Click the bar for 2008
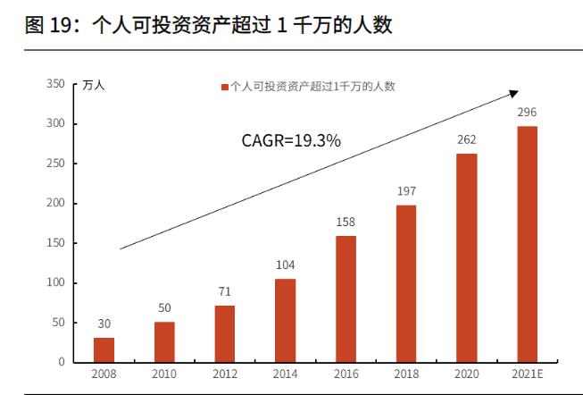click(x=104, y=349)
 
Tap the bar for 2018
click(x=406, y=283)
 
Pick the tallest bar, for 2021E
click(x=528, y=244)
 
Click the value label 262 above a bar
click(x=466, y=139)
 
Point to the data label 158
click(x=346, y=222)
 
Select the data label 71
click(x=225, y=291)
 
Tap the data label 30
click(x=104, y=324)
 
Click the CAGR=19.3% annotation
click(x=291, y=140)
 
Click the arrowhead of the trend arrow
click(x=513, y=92)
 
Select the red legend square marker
click(x=224, y=87)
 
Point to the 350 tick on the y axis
click(x=56, y=84)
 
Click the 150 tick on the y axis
click(x=56, y=243)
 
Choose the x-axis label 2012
click(x=225, y=374)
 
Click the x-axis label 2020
click(x=466, y=374)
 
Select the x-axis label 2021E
click(x=528, y=374)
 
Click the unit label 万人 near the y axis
click(x=94, y=86)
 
